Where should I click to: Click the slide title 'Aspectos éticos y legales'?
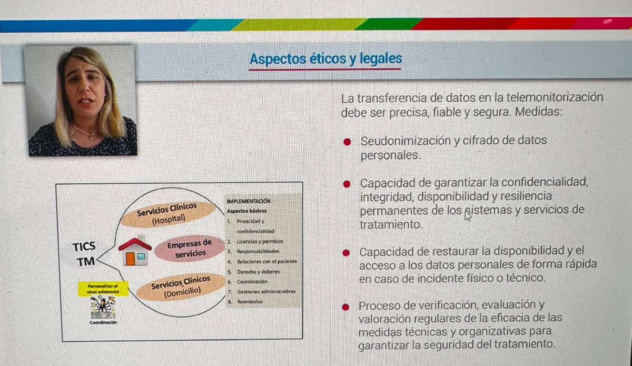[x=325, y=59]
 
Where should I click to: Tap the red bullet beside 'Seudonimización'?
[x=347, y=142]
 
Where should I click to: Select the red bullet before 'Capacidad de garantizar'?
[x=347, y=184]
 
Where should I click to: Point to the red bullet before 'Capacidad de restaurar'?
[x=347, y=252]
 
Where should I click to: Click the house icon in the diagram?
[x=134, y=251]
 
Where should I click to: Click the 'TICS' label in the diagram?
[x=84, y=246]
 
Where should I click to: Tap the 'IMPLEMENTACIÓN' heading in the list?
[x=248, y=201]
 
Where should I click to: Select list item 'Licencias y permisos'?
[x=259, y=241]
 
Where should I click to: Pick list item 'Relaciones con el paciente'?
[x=267, y=261]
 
